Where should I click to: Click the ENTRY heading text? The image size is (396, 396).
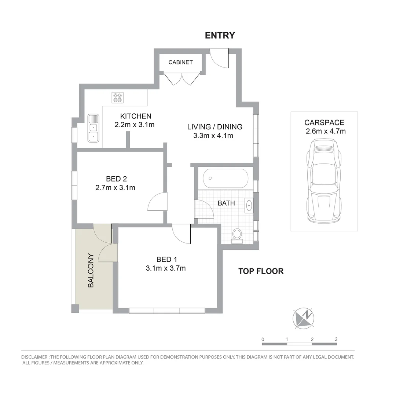coord(220,35)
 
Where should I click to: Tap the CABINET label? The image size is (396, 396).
coord(180,62)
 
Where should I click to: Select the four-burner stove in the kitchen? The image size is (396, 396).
coord(118,97)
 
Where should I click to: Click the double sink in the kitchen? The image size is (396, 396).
coord(93,128)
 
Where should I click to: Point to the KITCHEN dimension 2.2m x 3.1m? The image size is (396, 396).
coord(134,125)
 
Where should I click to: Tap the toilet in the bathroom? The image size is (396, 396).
coord(237,235)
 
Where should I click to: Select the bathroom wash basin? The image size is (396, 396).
coord(249,206)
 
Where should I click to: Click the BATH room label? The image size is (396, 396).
coord(226,203)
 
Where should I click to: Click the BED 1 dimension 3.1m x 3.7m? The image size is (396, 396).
coord(166,268)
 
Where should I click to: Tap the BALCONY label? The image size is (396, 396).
coord(91,270)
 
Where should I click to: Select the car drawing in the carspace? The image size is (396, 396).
coord(324,181)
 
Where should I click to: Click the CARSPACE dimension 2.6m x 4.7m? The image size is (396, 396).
coord(325,131)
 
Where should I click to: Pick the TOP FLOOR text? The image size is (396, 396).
coord(261,271)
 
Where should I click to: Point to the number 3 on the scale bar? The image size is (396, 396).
coord(336,339)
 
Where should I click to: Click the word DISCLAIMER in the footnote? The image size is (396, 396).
coord(35,357)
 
